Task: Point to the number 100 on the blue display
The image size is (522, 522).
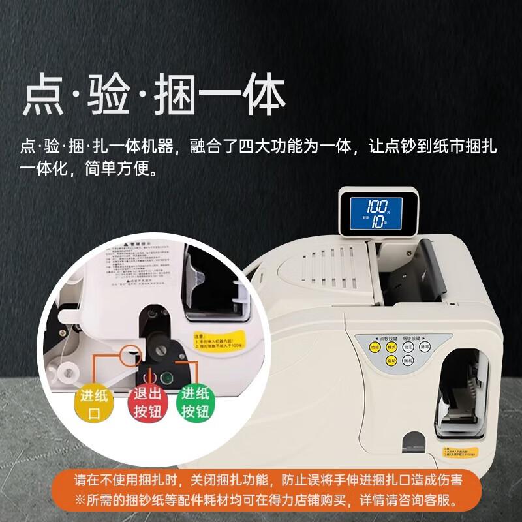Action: click(x=376, y=204)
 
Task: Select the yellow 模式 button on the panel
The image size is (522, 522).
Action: click(x=392, y=348)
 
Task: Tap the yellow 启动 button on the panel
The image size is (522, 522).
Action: click(x=392, y=360)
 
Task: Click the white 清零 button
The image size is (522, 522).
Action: click(x=425, y=348)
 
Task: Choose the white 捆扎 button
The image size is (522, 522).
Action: click(x=408, y=360)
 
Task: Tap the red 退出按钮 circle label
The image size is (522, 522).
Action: click(x=147, y=403)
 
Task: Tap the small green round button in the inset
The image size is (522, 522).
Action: click(x=166, y=376)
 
